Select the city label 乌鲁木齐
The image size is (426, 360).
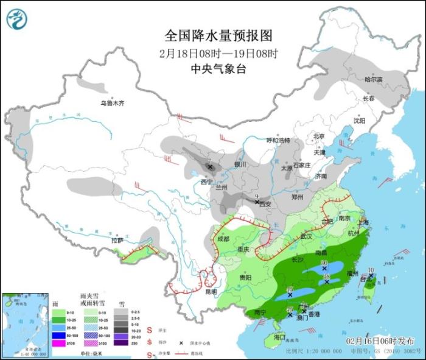(112, 103)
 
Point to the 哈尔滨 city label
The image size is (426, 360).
(373, 80)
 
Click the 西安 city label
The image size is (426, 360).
(264, 205)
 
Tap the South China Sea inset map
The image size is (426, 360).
(23, 323)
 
